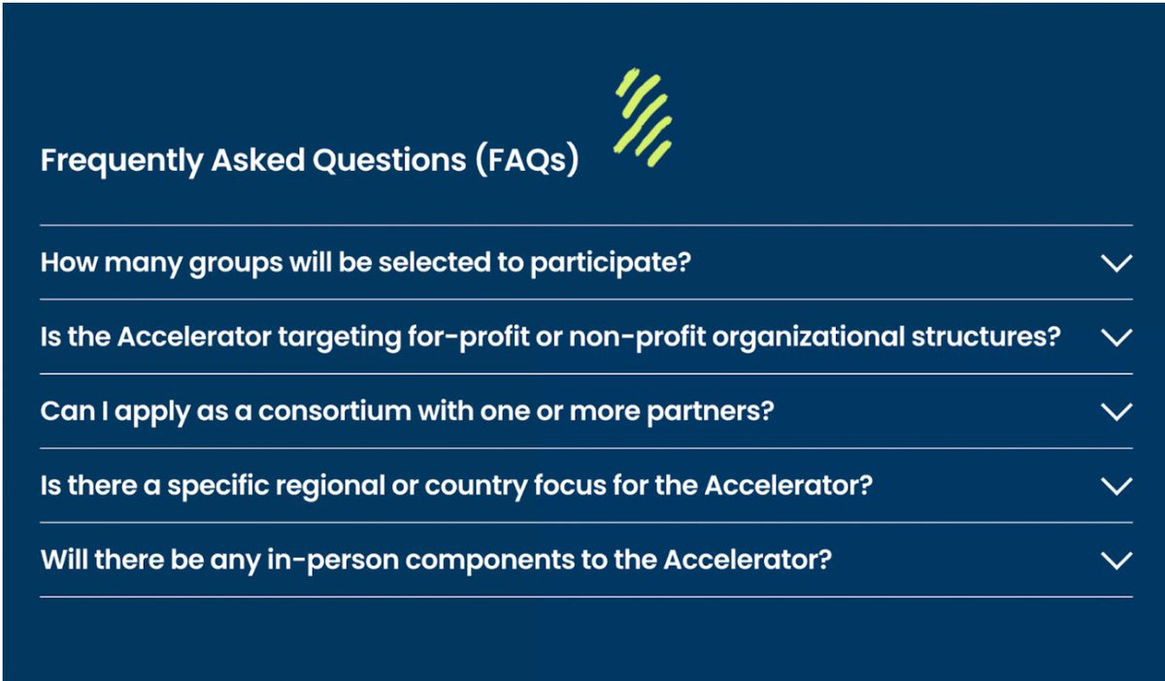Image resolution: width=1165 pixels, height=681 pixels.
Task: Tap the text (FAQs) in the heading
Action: pyautogui.click(x=527, y=160)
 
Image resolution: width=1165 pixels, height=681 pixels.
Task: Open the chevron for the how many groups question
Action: pyautogui.click(x=1117, y=263)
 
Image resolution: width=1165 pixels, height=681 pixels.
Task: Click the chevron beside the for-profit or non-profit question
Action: pyautogui.click(x=1117, y=338)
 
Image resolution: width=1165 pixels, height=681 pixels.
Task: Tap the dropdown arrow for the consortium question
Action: pyautogui.click(x=1117, y=411)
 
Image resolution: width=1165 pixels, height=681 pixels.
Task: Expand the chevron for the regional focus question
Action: pyautogui.click(x=1117, y=485)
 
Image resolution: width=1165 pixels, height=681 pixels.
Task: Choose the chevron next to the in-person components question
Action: pyautogui.click(x=1117, y=560)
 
